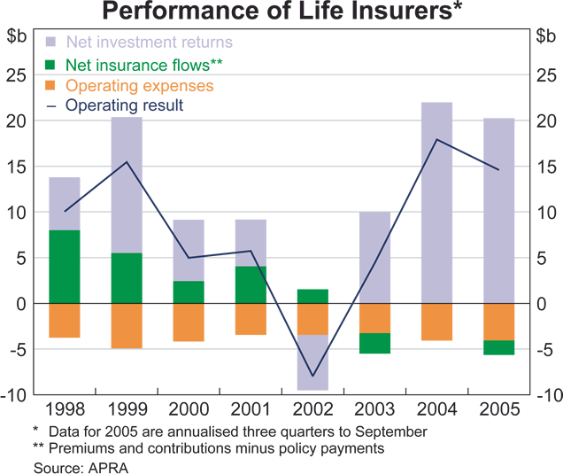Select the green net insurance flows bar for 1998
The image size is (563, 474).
(x=64, y=267)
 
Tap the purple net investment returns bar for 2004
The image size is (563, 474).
(x=436, y=203)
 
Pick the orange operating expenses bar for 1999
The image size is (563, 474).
(x=127, y=325)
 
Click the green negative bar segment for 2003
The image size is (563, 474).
(x=374, y=343)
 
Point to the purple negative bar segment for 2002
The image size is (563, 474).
(x=312, y=362)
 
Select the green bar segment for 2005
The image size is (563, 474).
(x=498, y=347)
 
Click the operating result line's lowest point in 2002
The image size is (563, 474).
(x=312, y=377)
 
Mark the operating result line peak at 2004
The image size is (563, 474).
(x=436, y=140)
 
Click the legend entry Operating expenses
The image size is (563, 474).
(x=139, y=86)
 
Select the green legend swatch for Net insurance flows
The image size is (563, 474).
(x=50, y=64)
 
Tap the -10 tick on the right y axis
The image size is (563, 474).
(x=547, y=395)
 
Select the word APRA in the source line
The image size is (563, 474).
(x=109, y=467)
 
